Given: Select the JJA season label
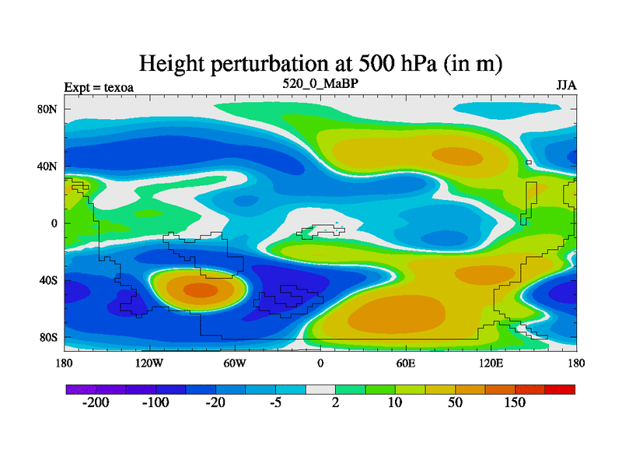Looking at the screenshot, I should (566, 86).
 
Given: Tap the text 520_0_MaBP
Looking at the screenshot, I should (320, 83).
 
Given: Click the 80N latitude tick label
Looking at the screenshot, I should (49, 109).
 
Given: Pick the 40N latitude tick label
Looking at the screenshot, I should (49, 166).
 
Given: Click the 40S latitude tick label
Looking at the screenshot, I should (49, 280).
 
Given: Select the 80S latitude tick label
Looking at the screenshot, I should (49, 337).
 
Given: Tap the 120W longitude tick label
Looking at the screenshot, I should (149, 363).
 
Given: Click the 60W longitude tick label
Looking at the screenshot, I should (234, 363).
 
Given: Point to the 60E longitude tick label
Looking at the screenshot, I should (405, 363).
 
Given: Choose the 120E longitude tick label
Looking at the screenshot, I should (491, 363).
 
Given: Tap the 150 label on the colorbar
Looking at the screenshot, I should (514, 403).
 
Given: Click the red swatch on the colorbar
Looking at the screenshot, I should (560, 388).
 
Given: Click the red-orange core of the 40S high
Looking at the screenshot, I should (201, 290).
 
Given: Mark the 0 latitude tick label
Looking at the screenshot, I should (54, 223).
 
